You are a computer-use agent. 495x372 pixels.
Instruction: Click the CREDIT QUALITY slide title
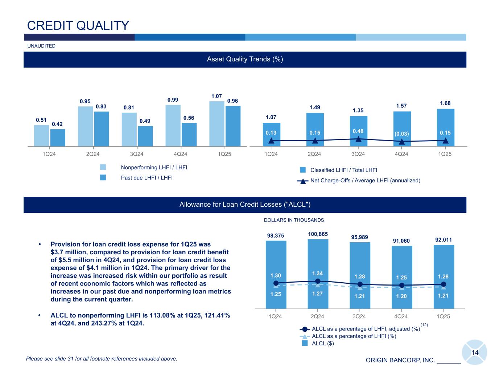tap(78, 25)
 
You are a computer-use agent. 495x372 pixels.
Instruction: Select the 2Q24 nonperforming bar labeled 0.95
tap(85, 126)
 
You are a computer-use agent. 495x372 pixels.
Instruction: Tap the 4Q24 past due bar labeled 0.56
tap(189, 134)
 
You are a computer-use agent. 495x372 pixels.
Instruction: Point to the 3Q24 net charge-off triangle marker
tap(358, 139)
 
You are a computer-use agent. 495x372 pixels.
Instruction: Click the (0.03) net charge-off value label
tap(402, 133)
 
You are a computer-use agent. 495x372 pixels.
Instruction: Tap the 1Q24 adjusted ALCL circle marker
tap(276, 283)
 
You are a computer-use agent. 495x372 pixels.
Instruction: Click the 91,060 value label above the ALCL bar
tap(402, 240)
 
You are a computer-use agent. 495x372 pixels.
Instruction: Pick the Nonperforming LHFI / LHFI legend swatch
tap(103, 167)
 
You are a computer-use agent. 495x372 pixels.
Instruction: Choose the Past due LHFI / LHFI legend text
tap(147, 178)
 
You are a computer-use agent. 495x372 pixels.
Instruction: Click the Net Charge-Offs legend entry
tap(365, 181)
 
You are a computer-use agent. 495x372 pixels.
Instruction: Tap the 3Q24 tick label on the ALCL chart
tap(359, 316)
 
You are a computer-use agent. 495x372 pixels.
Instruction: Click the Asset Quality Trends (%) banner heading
tap(245, 59)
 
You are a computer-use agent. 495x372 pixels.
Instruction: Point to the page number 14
tap(475, 353)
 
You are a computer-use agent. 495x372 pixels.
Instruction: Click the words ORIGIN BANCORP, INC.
tap(400, 360)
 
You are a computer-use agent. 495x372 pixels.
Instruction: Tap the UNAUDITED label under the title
tap(41, 46)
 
